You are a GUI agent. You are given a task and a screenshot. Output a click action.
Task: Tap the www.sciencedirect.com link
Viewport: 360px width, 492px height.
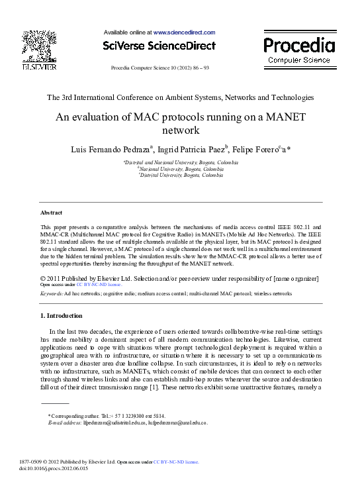[185, 32]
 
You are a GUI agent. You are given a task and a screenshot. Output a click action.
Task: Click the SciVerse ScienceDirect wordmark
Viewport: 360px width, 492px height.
[159, 46]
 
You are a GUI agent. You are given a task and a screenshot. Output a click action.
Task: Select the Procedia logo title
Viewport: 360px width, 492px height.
[299, 45]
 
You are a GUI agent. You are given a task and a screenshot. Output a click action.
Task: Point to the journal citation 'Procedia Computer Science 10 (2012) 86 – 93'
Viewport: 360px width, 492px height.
[160, 68]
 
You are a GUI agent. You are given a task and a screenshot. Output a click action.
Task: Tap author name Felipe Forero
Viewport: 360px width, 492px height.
[257, 148]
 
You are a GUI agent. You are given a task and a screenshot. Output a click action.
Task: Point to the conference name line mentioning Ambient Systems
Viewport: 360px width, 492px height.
[180, 97]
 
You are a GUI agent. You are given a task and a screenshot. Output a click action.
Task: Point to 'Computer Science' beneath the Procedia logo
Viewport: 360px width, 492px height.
[299, 60]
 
